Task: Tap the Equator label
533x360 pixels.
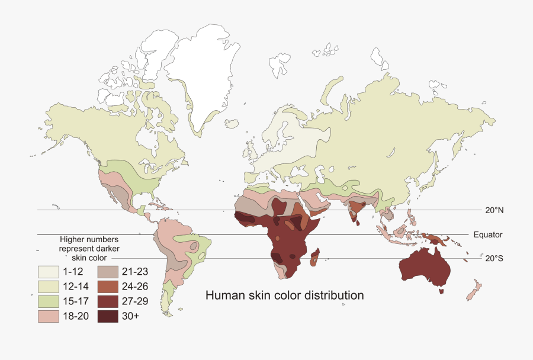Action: tap(488, 234)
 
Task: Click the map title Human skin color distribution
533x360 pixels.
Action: tap(284, 295)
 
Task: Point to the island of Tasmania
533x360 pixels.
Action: tap(441, 291)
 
